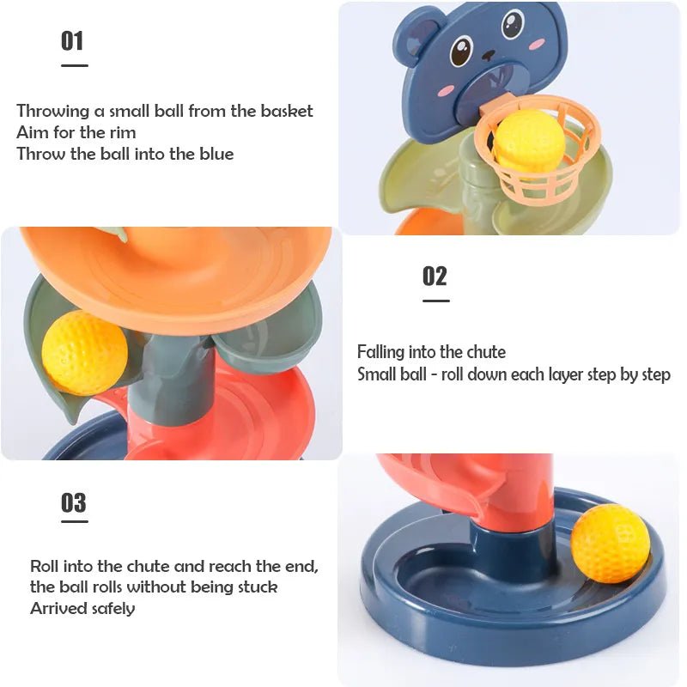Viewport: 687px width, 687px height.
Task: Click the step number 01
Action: pyautogui.click(x=72, y=40)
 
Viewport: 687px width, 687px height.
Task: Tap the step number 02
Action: pyautogui.click(x=435, y=277)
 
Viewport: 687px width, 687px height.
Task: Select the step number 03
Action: pyautogui.click(x=74, y=502)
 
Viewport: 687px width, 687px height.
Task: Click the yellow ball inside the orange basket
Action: pyautogui.click(x=528, y=141)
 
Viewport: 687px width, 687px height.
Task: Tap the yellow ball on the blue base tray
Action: pyautogui.click(x=610, y=543)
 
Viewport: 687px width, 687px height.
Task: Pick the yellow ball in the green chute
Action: pyautogui.click(x=83, y=353)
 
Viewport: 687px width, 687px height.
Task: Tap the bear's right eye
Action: pyautogui.click(x=513, y=23)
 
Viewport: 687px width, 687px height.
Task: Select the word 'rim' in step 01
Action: pyautogui.click(x=121, y=132)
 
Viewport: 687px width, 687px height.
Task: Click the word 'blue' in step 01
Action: pyautogui.click(x=215, y=154)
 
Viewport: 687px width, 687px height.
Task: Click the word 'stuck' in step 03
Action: pyautogui.click(x=257, y=587)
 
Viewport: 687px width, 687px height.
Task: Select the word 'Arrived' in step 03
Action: pyautogui.click(x=59, y=608)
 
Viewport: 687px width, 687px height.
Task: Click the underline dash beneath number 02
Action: pyautogui.click(x=435, y=301)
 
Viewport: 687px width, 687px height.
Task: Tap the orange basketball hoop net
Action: pyautogui.click(x=537, y=172)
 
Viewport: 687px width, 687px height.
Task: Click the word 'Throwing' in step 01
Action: pyautogui.click(x=53, y=111)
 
